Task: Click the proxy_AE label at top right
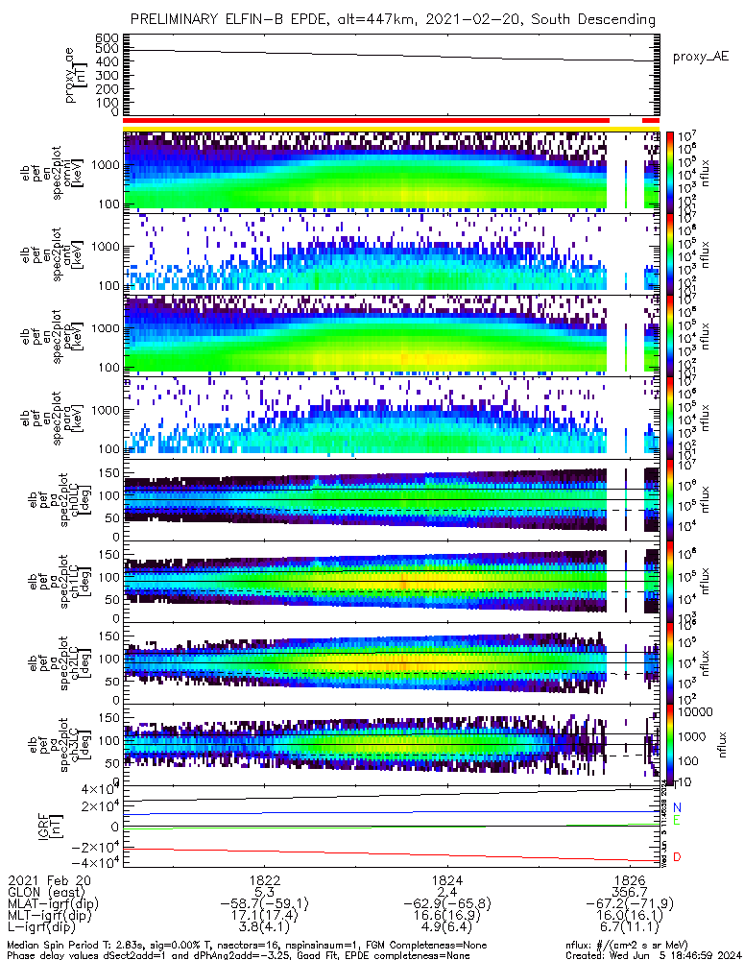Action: point(700,57)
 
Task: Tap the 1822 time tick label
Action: point(264,879)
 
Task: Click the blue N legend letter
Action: point(677,807)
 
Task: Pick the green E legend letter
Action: point(677,822)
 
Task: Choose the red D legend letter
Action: point(677,856)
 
